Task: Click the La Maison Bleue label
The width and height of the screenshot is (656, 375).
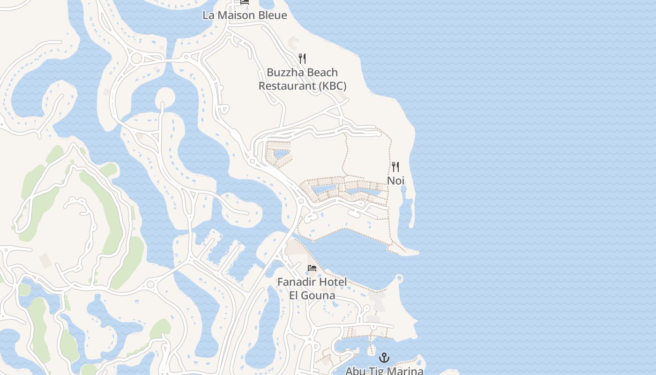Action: tap(245, 15)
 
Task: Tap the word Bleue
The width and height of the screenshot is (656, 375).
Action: tap(270, 15)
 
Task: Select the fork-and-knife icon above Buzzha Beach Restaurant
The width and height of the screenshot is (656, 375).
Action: tap(302, 59)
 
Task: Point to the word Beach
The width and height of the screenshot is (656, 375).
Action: tap(322, 73)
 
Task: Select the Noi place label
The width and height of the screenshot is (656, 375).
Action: tap(395, 180)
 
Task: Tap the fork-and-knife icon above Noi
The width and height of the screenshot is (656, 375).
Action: tap(395, 167)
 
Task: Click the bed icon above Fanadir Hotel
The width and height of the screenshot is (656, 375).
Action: tap(312, 268)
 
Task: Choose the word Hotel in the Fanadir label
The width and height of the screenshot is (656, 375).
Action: tap(332, 282)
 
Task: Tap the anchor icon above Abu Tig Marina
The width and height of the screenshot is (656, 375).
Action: tap(384, 358)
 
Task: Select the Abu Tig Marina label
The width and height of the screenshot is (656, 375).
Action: tap(384, 371)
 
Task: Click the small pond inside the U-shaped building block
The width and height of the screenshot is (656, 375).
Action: tap(280, 154)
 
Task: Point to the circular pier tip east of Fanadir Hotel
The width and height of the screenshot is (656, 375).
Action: tap(399, 278)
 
